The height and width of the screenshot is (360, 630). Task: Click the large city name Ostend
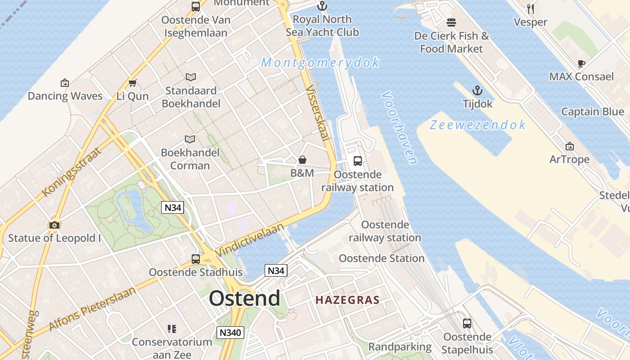tap(244, 298)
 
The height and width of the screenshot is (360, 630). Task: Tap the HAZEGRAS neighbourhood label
tap(347, 300)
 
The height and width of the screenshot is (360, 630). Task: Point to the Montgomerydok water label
tap(320, 63)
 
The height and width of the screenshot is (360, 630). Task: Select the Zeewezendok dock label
tap(477, 125)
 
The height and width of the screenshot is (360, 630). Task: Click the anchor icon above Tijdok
tap(477, 90)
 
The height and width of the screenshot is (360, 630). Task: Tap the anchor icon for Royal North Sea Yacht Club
tap(322, 6)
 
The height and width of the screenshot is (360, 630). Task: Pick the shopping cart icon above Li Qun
tap(132, 83)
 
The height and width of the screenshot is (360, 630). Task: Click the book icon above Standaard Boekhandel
tap(191, 77)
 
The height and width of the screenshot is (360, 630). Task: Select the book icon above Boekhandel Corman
tap(190, 139)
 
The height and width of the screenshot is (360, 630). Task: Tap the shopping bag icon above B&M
tap(302, 160)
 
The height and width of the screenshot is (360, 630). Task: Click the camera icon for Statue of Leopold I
tap(54, 225)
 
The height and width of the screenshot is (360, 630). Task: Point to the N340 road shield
tap(230, 333)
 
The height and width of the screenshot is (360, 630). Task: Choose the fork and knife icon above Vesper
tap(531, 9)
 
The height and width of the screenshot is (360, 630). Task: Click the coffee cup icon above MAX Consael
tap(581, 63)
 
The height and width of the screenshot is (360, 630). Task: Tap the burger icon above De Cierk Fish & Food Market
tap(451, 22)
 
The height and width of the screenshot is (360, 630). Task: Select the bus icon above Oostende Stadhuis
tap(196, 259)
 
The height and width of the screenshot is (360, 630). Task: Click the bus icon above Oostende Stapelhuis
tap(467, 323)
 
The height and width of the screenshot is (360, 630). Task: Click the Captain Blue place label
tap(592, 112)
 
